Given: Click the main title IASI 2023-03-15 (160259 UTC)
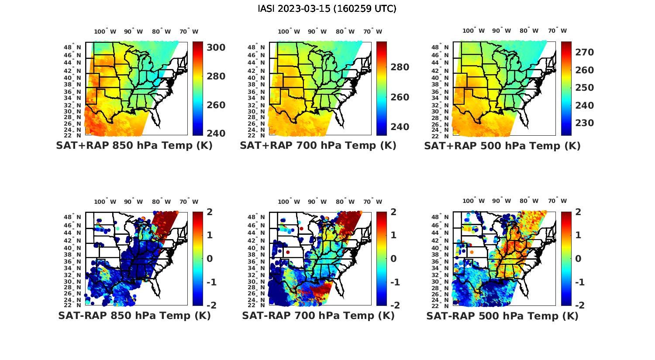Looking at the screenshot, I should click(327, 9).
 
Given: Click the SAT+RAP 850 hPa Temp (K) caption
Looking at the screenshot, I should click(134, 146).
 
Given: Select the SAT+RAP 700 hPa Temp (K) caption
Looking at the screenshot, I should click(318, 146).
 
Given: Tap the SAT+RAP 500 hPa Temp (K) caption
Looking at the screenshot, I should click(502, 146).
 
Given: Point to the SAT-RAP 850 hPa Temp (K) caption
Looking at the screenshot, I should click(134, 316).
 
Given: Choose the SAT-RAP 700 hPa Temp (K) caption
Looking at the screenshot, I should click(318, 316).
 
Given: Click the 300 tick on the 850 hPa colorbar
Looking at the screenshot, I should click(216, 47).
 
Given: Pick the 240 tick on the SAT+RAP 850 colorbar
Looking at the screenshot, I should click(216, 133).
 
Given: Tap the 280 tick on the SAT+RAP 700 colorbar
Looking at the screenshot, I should click(400, 67).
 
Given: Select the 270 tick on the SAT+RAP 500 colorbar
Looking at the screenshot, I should click(585, 52).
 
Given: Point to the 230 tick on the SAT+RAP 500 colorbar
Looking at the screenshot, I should click(585, 123).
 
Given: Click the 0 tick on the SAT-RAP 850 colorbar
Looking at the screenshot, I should click(209, 258).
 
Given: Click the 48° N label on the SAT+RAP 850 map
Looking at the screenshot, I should click(72, 47).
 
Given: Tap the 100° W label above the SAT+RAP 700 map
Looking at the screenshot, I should click(289, 31).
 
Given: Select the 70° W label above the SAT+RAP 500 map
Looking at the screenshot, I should click(557, 31).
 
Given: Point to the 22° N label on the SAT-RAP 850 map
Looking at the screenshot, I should click(72, 305).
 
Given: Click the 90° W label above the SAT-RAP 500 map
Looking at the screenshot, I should click(501, 201).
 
